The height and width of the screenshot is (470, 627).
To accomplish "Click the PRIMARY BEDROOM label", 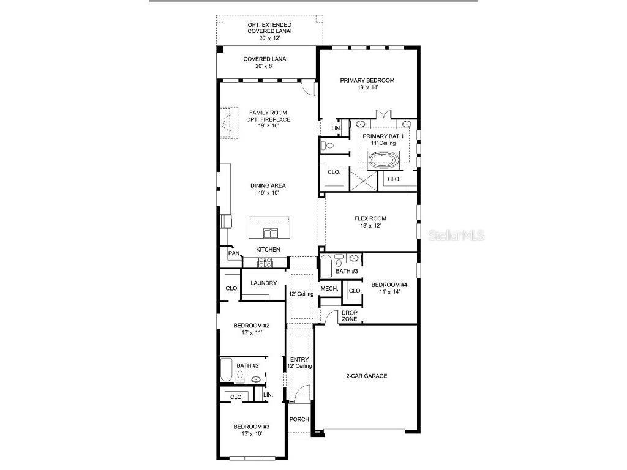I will tap(367, 80).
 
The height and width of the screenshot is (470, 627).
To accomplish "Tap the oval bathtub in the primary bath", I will tap(383, 161).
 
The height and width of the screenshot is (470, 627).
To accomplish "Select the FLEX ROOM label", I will tap(370, 218).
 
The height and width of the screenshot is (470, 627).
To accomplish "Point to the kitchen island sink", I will tap(270, 233).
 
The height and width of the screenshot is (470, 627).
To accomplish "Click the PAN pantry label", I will tap(233, 253).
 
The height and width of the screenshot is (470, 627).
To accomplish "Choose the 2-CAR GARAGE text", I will tap(367, 376).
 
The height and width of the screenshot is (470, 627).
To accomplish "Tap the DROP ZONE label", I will tap(350, 316).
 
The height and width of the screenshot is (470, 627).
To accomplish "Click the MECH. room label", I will tap(329, 288).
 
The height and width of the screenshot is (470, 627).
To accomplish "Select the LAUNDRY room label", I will tap(263, 283).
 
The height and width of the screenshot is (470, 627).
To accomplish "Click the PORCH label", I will tap(299, 420).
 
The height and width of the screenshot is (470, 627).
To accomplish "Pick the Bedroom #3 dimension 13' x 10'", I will tap(251, 434).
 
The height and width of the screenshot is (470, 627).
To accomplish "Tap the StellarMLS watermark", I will tap(456, 235).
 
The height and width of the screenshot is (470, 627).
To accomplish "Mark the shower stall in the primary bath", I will tap(362, 181).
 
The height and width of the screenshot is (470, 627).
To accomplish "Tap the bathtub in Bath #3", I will tap(326, 267).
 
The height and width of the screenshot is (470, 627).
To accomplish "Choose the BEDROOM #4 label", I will tap(389, 285).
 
